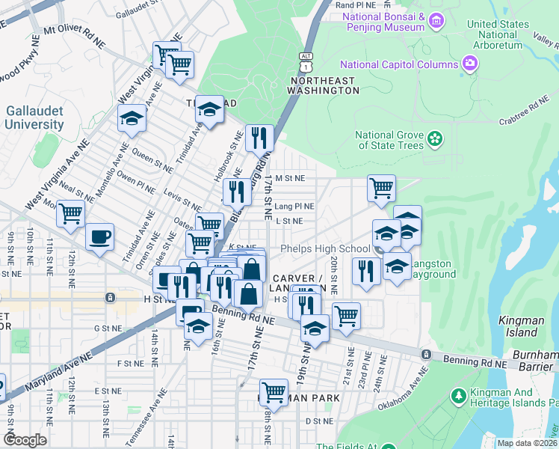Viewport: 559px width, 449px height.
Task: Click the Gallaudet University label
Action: pyautogui.click(x=34, y=117)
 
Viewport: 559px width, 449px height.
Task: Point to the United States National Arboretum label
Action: pyautogui.click(x=494, y=34)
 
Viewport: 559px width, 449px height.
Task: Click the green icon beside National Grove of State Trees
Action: pyautogui.click(x=434, y=139)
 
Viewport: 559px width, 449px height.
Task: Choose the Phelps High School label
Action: pyautogui.click(x=324, y=248)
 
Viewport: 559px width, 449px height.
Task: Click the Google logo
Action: pyautogui.click(x=25, y=440)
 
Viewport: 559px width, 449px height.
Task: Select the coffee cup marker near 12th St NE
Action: pyautogui.click(x=99, y=238)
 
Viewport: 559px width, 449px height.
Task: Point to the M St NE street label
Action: pyautogui.click(x=290, y=179)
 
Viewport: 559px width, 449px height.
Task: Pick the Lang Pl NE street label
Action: pyautogui.click(x=294, y=206)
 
